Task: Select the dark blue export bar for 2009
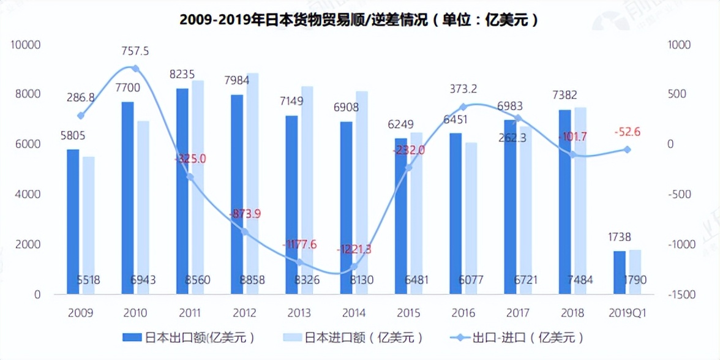click(x=73, y=222)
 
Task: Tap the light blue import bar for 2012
click(x=252, y=184)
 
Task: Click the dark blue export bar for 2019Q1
click(x=620, y=272)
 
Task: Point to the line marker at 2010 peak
click(x=135, y=69)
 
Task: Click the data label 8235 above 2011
click(x=182, y=75)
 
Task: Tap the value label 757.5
click(x=135, y=51)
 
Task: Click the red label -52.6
click(x=628, y=132)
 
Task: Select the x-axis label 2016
click(x=463, y=313)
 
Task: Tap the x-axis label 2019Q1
click(x=628, y=313)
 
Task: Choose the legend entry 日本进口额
click(x=356, y=337)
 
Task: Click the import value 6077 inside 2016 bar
click(x=471, y=280)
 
